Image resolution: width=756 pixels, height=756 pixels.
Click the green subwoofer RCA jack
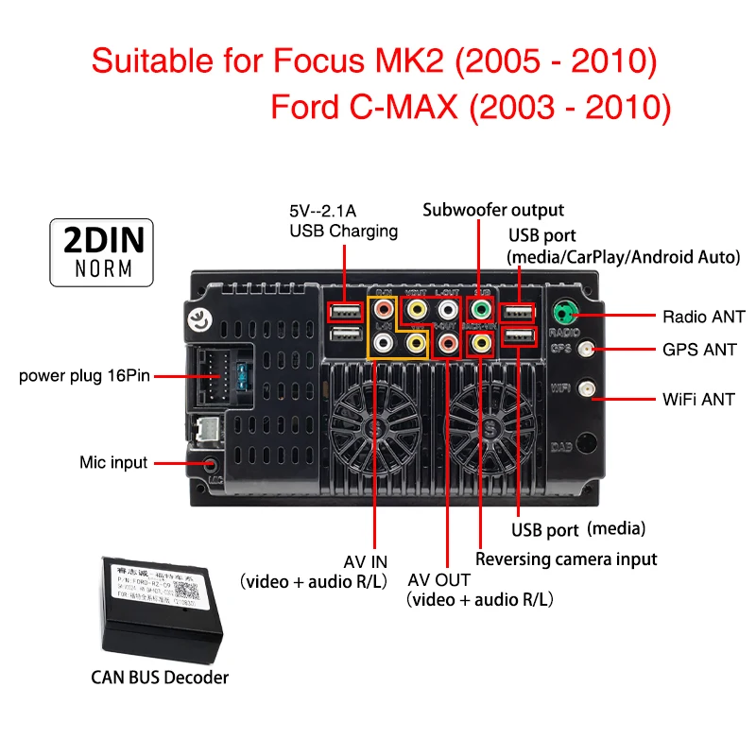[x=481, y=309]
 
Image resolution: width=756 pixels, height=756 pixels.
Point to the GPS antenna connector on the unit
[x=588, y=350]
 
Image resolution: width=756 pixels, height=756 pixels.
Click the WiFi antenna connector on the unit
[x=588, y=388]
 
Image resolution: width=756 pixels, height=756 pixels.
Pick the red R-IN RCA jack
[x=384, y=309]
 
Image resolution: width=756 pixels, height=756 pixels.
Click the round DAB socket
[x=587, y=443]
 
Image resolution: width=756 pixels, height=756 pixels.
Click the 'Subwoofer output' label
[x=493, y=210]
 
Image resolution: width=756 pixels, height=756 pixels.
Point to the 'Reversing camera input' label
[x=566, y=558]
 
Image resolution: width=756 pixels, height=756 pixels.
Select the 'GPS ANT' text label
[x=699, y=350]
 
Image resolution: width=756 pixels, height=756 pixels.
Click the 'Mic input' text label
[x=113, y=463]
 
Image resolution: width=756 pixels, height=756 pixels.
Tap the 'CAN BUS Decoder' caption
[x=160, y=677]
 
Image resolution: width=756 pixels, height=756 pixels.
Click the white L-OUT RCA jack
[x=448, y=309]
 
